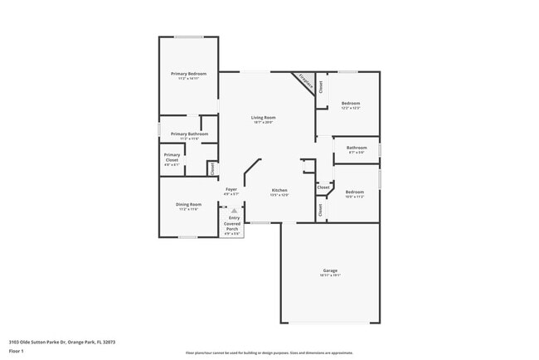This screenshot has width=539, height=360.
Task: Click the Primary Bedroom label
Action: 188,74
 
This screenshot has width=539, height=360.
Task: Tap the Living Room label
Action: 264,117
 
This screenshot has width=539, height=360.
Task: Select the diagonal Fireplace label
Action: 305,83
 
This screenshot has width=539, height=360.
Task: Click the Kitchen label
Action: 279,190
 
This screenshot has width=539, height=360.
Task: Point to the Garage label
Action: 330,270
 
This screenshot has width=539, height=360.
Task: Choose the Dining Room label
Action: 188,204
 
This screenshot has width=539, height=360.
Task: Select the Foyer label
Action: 231,189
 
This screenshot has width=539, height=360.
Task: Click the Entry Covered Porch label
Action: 234,222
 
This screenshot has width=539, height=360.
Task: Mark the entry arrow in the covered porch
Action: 234,212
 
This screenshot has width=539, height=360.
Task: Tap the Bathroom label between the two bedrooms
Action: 357,148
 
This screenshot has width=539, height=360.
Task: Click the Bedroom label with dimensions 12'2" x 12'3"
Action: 352,103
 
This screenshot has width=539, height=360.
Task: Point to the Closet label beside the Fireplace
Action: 321,88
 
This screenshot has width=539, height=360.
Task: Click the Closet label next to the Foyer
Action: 212,168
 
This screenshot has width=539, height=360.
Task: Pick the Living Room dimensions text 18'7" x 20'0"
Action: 264,122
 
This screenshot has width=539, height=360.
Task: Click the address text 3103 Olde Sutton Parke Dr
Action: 61,341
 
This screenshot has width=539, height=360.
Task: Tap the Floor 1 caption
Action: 17,351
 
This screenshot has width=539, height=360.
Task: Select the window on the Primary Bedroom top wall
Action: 188,36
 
